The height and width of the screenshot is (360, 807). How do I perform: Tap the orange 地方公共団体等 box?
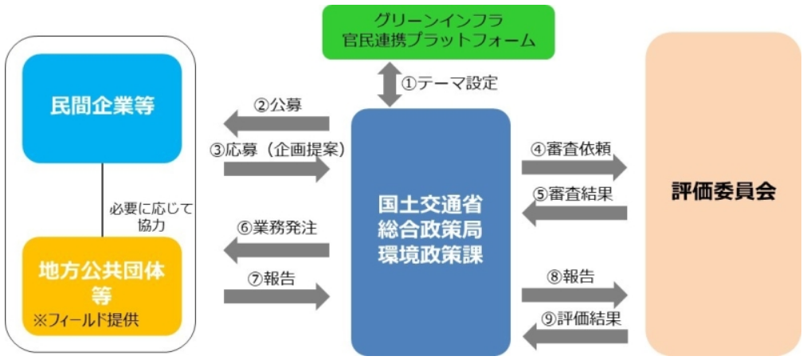[x=102, y=283]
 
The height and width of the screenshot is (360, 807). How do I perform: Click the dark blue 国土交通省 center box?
[x=430, y=231]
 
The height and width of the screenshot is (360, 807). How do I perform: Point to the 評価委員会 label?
[x=723, y=193]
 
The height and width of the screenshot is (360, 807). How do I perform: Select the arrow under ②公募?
[x=276, y=123]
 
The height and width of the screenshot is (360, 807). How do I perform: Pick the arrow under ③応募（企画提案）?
[x=276, y=169]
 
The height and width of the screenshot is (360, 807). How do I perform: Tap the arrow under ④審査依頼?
[x=574, y=166]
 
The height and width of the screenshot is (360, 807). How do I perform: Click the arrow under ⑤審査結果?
[x=574, y=213]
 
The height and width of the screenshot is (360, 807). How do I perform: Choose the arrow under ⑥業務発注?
[x=276, y=250]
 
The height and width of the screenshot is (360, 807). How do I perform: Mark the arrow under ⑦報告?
[x=276, y=296]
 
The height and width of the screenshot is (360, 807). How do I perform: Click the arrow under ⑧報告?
[x=574, y=295]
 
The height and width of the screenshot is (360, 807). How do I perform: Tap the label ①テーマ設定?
[x=449, y=82]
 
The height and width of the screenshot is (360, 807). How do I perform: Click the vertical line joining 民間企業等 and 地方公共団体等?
[x=102, y=199]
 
